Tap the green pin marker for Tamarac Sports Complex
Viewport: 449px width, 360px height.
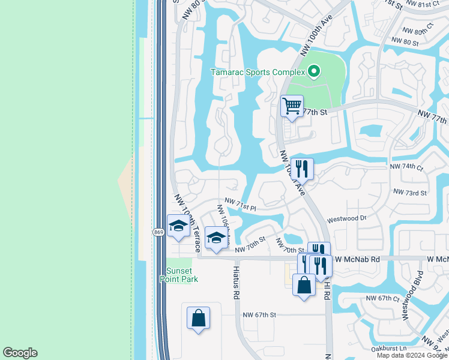pyautogui.click(x=313, y=73)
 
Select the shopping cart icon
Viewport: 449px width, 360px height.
pyautogui.click(x=292, y=107)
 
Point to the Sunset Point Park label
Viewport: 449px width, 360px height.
pyautogui.click(x=179, y=274)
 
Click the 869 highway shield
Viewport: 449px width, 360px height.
pyautogui.click(x=158, y=232)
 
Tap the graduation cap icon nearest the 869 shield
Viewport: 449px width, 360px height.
pyautogui.click(x=178, y=227)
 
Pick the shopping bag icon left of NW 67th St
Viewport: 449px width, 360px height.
pyautogui.click(x=198, y=318)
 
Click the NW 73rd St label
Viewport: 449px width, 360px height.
pyautogui.click(x=409, y=193)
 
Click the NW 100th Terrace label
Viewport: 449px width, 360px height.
pyautogui.click(x=187, y=221)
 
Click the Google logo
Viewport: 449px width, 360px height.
pyautogui.click(x=20, y=353)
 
